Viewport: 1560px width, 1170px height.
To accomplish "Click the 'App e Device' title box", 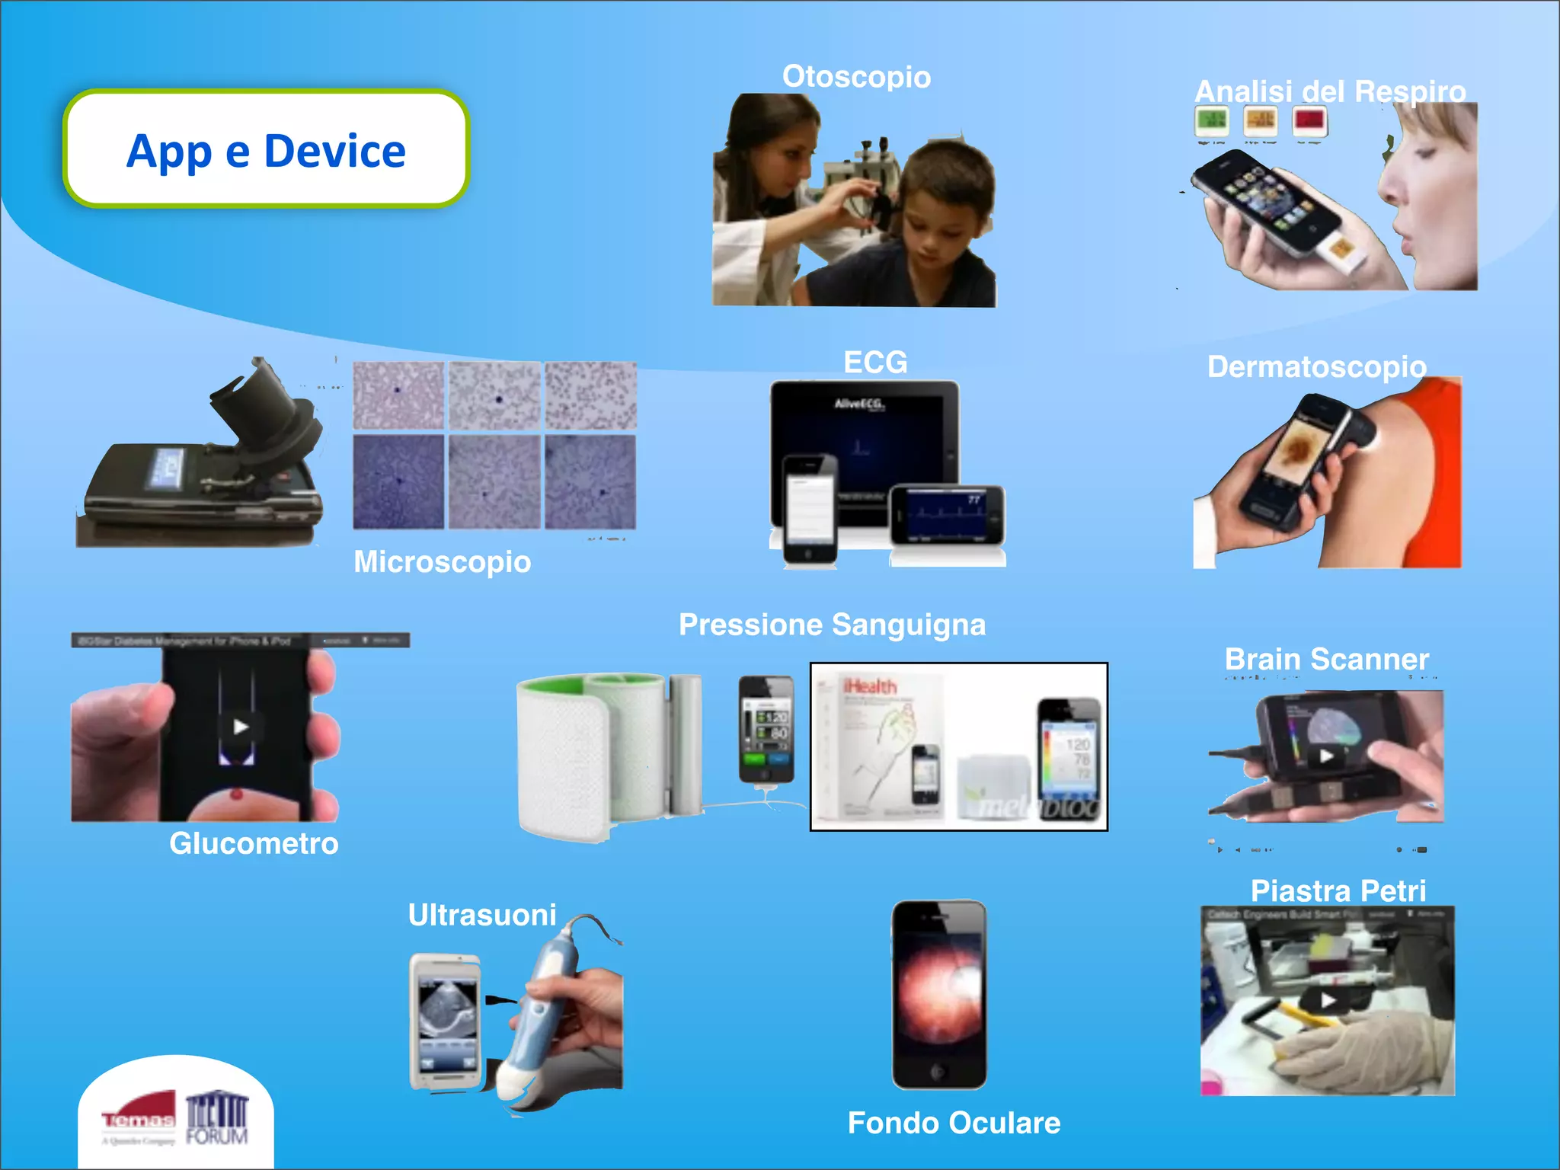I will coord(266,149).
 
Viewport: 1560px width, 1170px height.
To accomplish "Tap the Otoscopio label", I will coord(856,77).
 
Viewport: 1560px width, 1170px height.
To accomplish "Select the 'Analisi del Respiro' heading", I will coord(1330,91).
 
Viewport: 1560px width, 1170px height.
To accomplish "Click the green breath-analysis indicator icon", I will coord(1211,120).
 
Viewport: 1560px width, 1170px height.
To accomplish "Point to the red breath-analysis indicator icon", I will coord(1309,120).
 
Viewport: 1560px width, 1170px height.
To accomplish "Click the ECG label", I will coord(875,362).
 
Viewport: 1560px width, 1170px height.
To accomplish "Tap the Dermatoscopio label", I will coord(1316,367).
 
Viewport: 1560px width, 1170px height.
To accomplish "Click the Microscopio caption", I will coord(442,562).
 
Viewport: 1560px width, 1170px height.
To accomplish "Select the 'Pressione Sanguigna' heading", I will coord(832,625).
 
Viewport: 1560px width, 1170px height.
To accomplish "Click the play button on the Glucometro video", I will coord(241,727).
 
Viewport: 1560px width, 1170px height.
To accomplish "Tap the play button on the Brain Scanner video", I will coord(1326,756).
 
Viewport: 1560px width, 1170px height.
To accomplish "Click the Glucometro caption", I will coord(254,843).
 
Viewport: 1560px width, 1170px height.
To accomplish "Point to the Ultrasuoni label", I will coord(482,915).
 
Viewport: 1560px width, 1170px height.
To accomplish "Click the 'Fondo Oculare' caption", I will coord(954,1123).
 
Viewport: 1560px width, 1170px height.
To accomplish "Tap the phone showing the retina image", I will coord(939,994).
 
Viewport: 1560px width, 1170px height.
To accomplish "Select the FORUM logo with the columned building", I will coord(217,1117).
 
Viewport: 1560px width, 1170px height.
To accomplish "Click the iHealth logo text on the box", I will coord(869,686).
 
